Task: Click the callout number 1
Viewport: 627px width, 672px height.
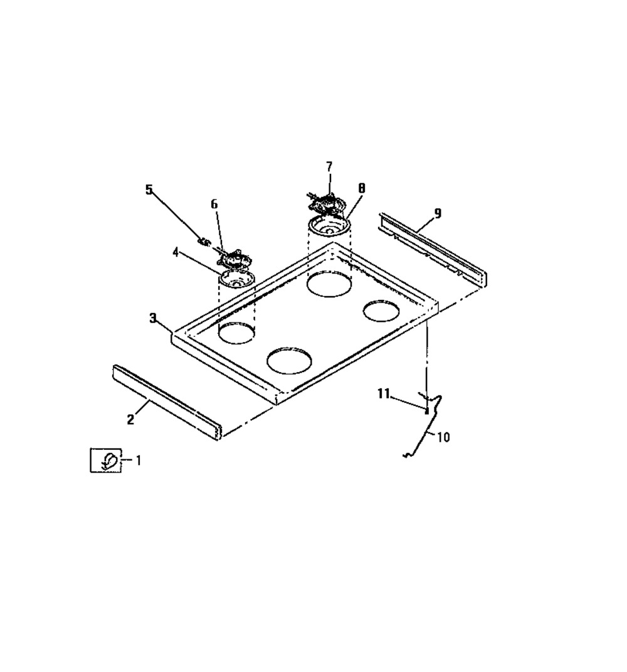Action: pyautogui.click(x=138, y=461)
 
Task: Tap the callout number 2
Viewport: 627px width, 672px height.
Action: pyautogui.click(x=130, y=419)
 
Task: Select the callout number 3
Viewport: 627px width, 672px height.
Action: pyautogui.click(x=153, y=318)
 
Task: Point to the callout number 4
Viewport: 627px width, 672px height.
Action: pyautogui.click(x=175, y=252)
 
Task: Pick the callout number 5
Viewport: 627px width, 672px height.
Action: pyautogui.click(x=149, y=189)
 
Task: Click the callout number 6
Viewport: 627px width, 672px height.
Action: pyautogui.click(x=214, y=204)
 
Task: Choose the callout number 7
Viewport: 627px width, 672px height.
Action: pyautogui.click(x=329, y=166)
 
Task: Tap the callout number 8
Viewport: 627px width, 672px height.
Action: pyautogui.click(x=362, y=188)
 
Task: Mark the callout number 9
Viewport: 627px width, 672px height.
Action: pyautogui.click(x=437, y=213)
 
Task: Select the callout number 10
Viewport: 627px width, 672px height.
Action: pyautogui.click(x=443, y=437)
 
